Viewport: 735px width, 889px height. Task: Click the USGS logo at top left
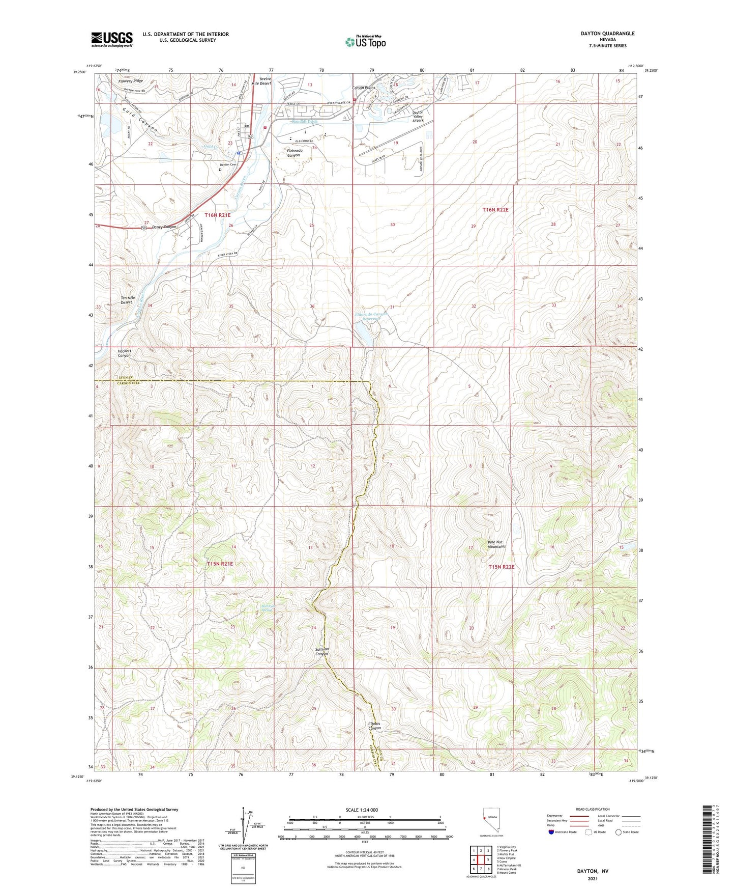click(112, 39)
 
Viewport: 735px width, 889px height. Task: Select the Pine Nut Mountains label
click(496, 544)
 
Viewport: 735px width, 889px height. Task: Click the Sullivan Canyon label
click(321, 651)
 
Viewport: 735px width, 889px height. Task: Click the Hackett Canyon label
click(124, 353)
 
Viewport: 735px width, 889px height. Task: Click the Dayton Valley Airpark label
click(418, 116)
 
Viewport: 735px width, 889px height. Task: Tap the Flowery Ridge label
click(130, 81)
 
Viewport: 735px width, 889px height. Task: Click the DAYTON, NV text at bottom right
click(592, 871)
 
